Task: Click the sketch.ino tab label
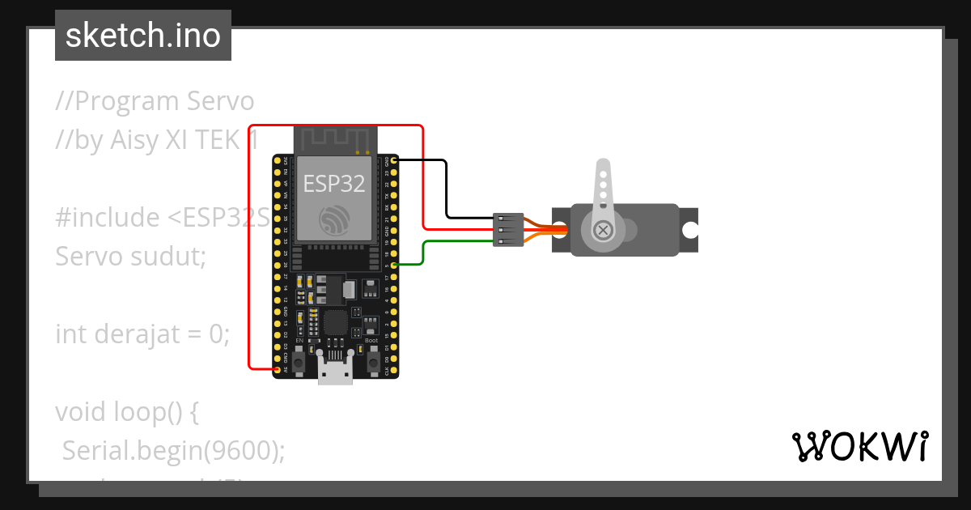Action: pos(143,36)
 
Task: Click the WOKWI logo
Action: pos(859,446)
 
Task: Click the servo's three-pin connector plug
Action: pos(507,230)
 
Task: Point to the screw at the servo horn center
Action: pos(602,230)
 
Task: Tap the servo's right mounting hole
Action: pos(689,230)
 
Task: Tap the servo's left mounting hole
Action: pos(558,230)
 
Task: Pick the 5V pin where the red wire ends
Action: pos(278,370)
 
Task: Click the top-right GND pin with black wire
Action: pos(394,161)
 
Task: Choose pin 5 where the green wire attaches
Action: pos(394,265)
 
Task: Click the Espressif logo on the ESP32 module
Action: pos(333,219)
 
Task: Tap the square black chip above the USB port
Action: pos(335,323)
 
